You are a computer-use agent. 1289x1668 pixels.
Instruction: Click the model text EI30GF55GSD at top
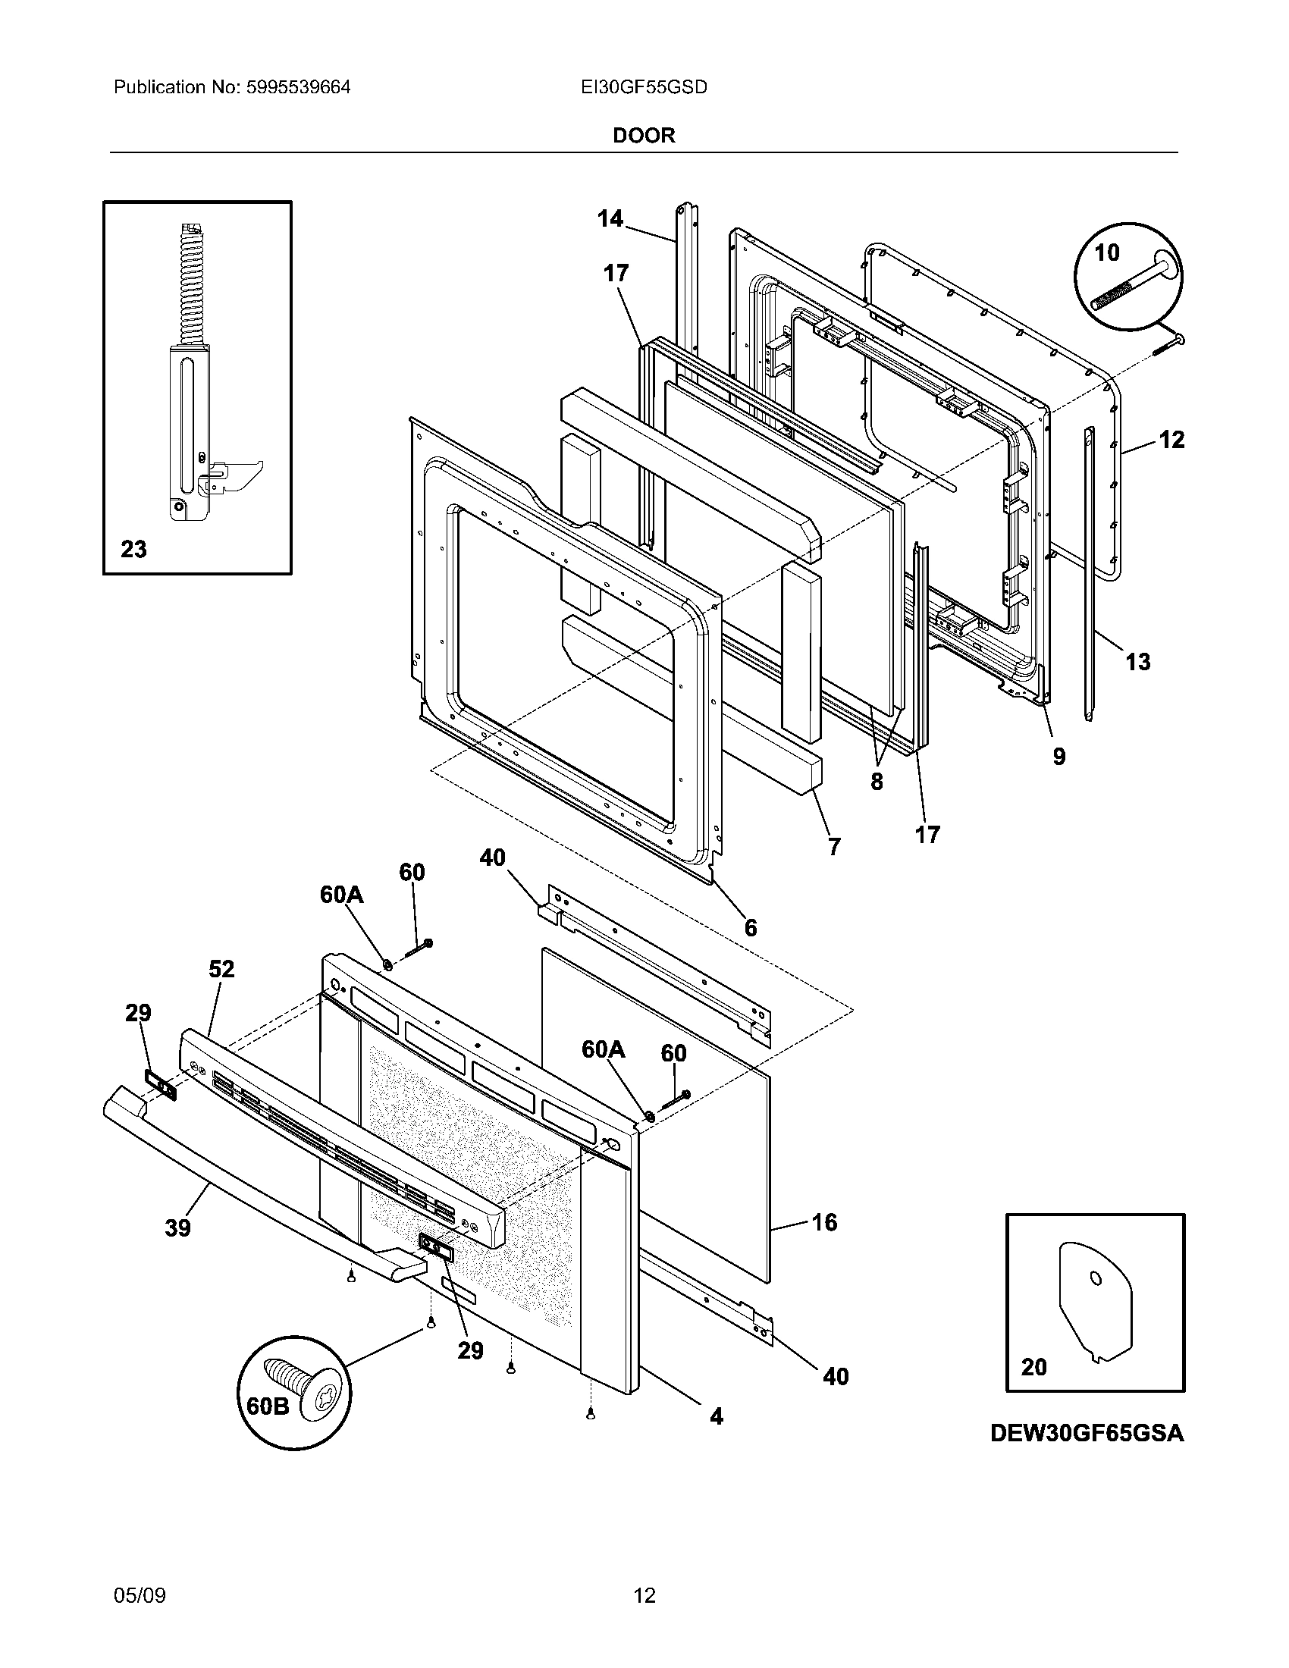pos(644,88)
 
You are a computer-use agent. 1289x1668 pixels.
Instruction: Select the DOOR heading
pos(644,136)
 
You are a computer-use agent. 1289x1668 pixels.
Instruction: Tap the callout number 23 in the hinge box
pos(133,549)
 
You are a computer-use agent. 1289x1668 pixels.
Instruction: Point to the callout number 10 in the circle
pos(1106,252)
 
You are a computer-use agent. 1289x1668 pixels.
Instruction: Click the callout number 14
pos(610,219)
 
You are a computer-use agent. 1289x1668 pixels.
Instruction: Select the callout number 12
pos(1171,440)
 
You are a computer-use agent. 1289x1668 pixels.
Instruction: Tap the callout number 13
pos(1138,661)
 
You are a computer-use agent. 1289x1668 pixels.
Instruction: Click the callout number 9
pos(1058,756)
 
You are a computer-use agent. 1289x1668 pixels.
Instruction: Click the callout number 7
pos(834,846)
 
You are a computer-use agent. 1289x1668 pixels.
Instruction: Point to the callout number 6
pos(751,927)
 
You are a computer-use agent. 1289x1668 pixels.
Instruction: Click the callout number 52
pos(221,969)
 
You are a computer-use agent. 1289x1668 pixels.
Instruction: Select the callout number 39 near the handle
pos(177,1228)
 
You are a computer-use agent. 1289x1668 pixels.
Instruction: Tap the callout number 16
pos(825,1222)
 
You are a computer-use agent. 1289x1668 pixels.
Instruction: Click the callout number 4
pos(716,1416)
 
